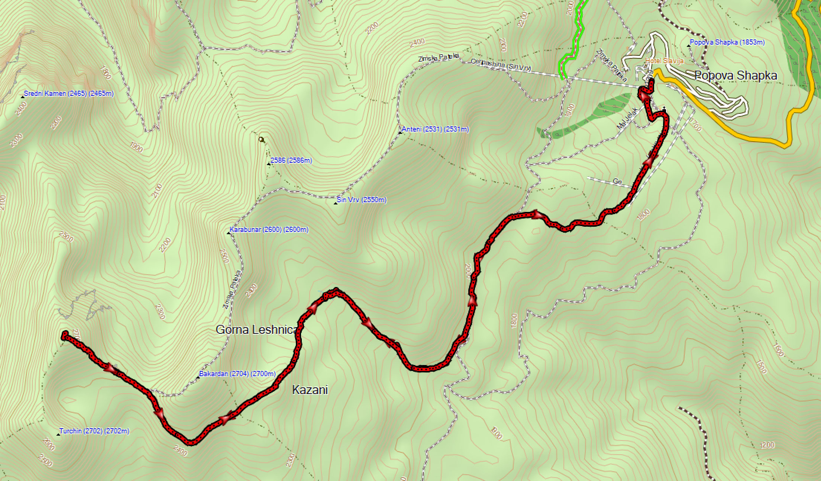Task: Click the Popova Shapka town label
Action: pyautogui.click(x=736, y=76)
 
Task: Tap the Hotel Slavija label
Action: pyautogui.click(x=665, y=61)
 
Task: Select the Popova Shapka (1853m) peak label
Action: pyautogui.click(x=727, y=42)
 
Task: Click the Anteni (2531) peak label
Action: pyautogui.click(x=435, y=129)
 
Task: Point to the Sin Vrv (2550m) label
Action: pyautogui.click(x=361, y=200)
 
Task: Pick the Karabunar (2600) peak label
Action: pyautogui.click(x=269, y=230)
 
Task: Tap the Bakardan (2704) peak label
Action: pyautogui.click(x=237, y=374)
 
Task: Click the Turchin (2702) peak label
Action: pyautogui.click(x=94, y=431)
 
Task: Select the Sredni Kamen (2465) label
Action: pyautogui.click(x=68, y=94)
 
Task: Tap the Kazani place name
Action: pyautogui.click(x=310, y=390)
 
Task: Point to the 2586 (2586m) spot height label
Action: pyautogui.click(x=291, y=161)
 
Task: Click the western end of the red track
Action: pyautogui.click(x=65, y=335)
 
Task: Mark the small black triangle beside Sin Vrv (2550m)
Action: pyautogui.click(x=335, y=203)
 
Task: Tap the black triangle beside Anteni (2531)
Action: pyautogui.click(x=400, y=133)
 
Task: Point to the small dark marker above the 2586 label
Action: pyautogui.click(x=262, y=140)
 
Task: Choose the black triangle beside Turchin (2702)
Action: pyautogui.click(x=58, y=434)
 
